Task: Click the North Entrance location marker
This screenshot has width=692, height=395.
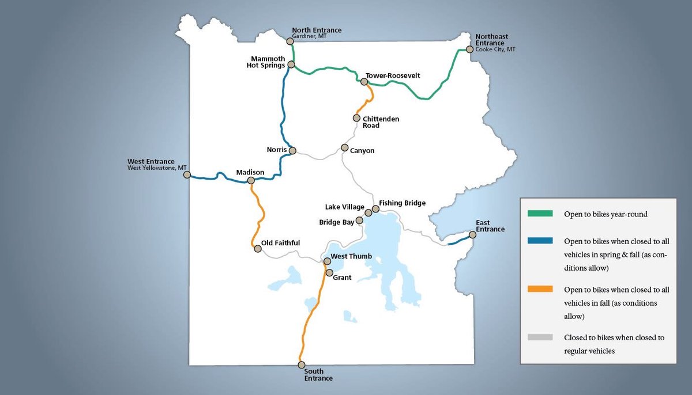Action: tap(290, 41)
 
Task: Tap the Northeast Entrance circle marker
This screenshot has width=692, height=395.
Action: tap(470, 50)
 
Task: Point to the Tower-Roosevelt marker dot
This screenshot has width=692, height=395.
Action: tap(364, 82)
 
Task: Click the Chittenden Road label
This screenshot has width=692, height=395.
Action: tap(381, 122)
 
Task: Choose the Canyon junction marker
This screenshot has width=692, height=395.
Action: tap(345, 147)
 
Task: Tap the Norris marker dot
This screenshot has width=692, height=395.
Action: tap(292, 151)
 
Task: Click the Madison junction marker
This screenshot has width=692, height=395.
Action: tap(251, 181)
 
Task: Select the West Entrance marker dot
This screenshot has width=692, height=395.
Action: tap(187, 174)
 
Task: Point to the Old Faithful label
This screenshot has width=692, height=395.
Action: tap(280, 243)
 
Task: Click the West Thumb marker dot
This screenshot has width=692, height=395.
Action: tap(326, 261)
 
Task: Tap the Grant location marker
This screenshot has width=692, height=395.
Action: tap(329, 272)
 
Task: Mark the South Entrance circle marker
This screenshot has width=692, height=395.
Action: tap(301, 365)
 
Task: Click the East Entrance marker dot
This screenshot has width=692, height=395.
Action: tap(473, 234)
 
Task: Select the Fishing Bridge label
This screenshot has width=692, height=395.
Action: tap(403, 203)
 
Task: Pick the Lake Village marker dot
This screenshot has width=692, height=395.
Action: tap(368, 212)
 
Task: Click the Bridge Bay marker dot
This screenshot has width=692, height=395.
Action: tap(360, 220)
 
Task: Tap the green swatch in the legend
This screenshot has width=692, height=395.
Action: tap(540, 214)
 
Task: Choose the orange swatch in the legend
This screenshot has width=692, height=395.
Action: tap(540, 289)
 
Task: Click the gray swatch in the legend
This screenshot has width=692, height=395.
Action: tap(540, 337)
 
